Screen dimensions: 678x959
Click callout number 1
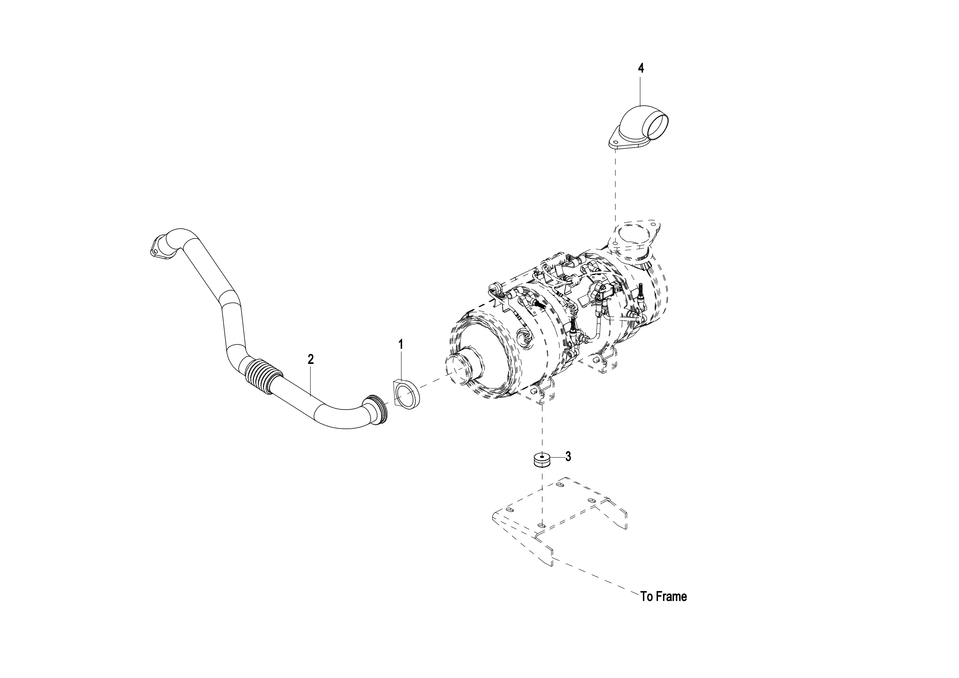coord(401,344)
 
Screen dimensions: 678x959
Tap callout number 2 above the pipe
coord(310,359)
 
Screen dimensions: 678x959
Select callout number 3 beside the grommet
coord(568,457)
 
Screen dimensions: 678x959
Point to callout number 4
coord(641,68)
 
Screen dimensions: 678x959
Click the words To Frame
coord(664,596)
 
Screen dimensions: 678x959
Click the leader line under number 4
coord(641,90)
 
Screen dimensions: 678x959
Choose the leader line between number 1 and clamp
coord(401,365)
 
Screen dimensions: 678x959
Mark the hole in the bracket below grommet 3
coord(541,525)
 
